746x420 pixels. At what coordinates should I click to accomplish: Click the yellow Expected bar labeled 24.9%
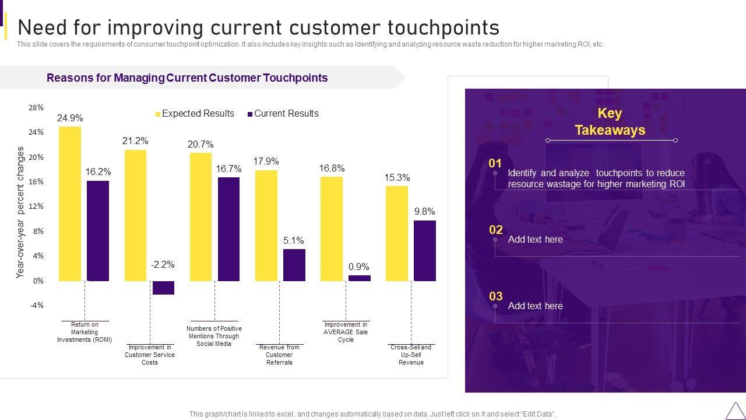(70, 204)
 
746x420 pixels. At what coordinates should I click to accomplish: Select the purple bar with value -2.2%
(163, 288)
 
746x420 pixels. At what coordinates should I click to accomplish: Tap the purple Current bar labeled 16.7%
(228, 229)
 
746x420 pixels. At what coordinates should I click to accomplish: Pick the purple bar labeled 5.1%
(294, 265)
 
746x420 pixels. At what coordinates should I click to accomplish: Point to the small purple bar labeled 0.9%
(359, 278)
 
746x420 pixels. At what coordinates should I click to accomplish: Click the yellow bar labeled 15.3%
(397, 233)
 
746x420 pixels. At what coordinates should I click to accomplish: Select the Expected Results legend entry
(195, 114)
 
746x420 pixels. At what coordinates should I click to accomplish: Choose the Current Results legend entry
(283, 114)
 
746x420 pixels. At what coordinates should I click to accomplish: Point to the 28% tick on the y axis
(36, 108)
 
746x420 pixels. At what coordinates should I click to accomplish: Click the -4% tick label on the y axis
(36, 306)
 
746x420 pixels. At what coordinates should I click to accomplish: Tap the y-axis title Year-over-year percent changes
(21, 212)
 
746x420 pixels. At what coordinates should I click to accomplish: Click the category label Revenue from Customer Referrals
(279, 355)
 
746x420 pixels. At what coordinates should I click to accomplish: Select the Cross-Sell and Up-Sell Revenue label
(411, 355)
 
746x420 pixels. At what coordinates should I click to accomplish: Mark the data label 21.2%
(135, 141)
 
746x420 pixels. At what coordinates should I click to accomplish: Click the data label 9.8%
(424, 212)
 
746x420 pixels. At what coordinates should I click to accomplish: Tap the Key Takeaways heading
(610, 121)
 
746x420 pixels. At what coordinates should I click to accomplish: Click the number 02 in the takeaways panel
(495, 230)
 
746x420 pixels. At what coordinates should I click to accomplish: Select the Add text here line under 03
(535, 306)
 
